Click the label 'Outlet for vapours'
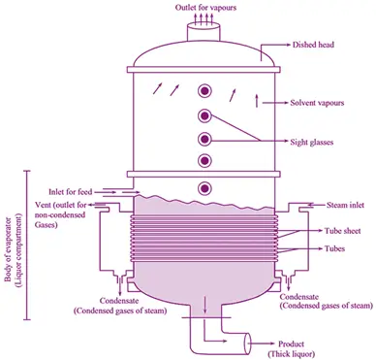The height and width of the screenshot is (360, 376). [204, 7]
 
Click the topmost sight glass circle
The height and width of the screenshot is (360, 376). [204, 91]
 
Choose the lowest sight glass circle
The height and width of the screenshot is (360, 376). [204, 186]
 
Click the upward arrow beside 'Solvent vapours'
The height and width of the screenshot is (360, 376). [257, 100]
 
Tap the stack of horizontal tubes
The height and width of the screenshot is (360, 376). [204, 239]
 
